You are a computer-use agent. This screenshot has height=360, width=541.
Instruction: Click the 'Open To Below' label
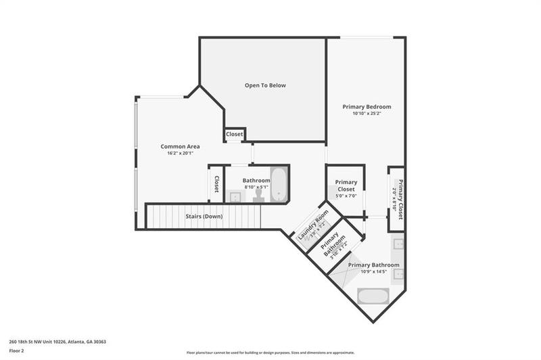pyautogui.click(x=265, y=85)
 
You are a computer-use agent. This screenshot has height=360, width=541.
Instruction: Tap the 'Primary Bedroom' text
pyautogui.click(x=367, y=107)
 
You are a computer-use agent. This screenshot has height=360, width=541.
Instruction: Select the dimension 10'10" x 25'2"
pyautogui.click(x=367, y=114)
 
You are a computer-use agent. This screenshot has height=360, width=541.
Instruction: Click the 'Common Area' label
pyautogui.click(x=180, y=146)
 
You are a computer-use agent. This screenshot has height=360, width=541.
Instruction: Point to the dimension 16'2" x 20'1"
pyautogui.click(x=180, y=153)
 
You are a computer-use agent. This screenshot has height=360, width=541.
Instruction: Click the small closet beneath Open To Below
pyautogui.click(x=235, y=134)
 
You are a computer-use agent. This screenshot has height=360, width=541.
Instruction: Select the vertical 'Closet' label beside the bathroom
pyautogui.click(x=216, y=183)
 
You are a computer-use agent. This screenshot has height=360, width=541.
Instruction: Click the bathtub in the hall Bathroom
pyautogui.click(x=279, y=185)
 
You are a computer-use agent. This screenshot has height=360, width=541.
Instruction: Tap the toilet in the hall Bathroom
pyautogui.click(x=258, y=196)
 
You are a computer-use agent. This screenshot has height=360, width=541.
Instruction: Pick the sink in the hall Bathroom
pyautogui.click(x=234, y=197)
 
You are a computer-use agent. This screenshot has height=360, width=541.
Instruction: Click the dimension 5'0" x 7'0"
pyautogui.click(x=346, y=196)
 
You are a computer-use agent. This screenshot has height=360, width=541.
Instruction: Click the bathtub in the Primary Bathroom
pyautogui.click(x=373, y=296)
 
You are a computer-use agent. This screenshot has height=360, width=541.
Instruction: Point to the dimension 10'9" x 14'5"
pyautogui.click(x=373, y=271)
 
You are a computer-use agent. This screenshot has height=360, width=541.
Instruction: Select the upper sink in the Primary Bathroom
pyautogui.click(x=399, y=244)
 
